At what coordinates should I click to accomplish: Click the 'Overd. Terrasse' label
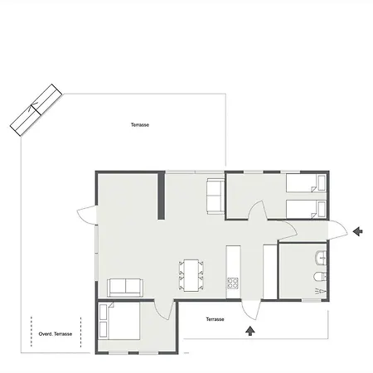(x=56, y=334)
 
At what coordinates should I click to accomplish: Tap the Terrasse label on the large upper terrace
(x=140, y=124)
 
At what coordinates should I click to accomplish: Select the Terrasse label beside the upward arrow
(x=215, y=319)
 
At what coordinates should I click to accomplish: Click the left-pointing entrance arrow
(x=358, y=231)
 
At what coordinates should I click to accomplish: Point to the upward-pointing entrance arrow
(x=250, y=331)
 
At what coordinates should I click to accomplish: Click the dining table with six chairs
(x=191, y=275)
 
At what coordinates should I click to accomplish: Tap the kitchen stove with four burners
(x=233, y=283)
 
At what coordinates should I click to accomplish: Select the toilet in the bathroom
(x=320, y=277)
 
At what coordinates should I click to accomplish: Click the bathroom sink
(x=321, y=258)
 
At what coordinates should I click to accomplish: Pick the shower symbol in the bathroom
(x=321, y=291)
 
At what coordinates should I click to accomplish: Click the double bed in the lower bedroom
(x=119, y=321)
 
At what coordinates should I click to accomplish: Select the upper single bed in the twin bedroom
(x=306, y=183)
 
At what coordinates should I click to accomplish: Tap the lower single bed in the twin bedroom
(x=306, y=210)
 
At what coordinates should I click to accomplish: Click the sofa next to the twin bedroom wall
(x=216, y=196)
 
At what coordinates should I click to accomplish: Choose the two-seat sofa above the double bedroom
(x=125, y=288)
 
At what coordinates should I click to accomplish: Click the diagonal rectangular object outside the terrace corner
(x=36, y=110)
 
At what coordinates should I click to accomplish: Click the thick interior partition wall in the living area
(x=161, y=196)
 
